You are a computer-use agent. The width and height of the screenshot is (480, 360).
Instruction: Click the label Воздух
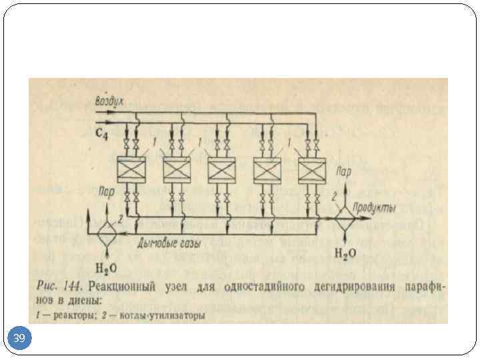coord(109,101)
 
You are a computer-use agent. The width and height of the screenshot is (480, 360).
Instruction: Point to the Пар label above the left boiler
coord(105,192)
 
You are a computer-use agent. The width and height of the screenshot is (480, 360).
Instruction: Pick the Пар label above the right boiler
coord(343,171)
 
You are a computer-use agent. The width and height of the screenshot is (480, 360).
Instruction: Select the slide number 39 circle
coord(19,339)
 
